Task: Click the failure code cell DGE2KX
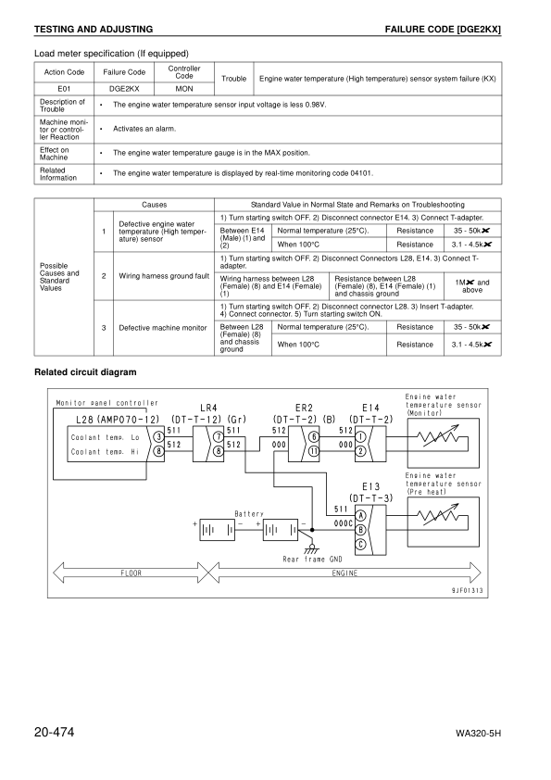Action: tap(124, 89)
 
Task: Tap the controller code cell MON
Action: tap(183, 89)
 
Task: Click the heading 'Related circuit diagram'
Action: tap(85, 372)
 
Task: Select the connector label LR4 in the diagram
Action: tap(208, 408)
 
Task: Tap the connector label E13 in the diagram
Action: tap(370, 485)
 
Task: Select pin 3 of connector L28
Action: tap(159, 436)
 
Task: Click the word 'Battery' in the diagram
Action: tap(248, 514)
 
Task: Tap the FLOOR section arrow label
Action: tap(131, 573)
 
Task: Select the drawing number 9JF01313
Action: tap(469, 589)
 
